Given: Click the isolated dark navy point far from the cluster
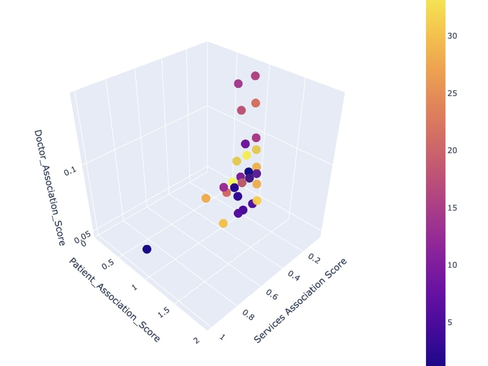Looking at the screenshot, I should click(146, 249).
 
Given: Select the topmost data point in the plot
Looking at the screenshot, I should click(255, 76).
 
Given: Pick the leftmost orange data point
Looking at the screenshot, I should click(205, 198).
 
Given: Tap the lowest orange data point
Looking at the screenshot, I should click(223, 224).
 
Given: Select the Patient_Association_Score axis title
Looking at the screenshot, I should click(114, 300).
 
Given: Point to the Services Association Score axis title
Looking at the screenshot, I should click(301, 301).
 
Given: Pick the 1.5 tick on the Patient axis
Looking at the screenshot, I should click(164, 312).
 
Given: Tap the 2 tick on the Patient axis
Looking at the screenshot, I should click(196, 340).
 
